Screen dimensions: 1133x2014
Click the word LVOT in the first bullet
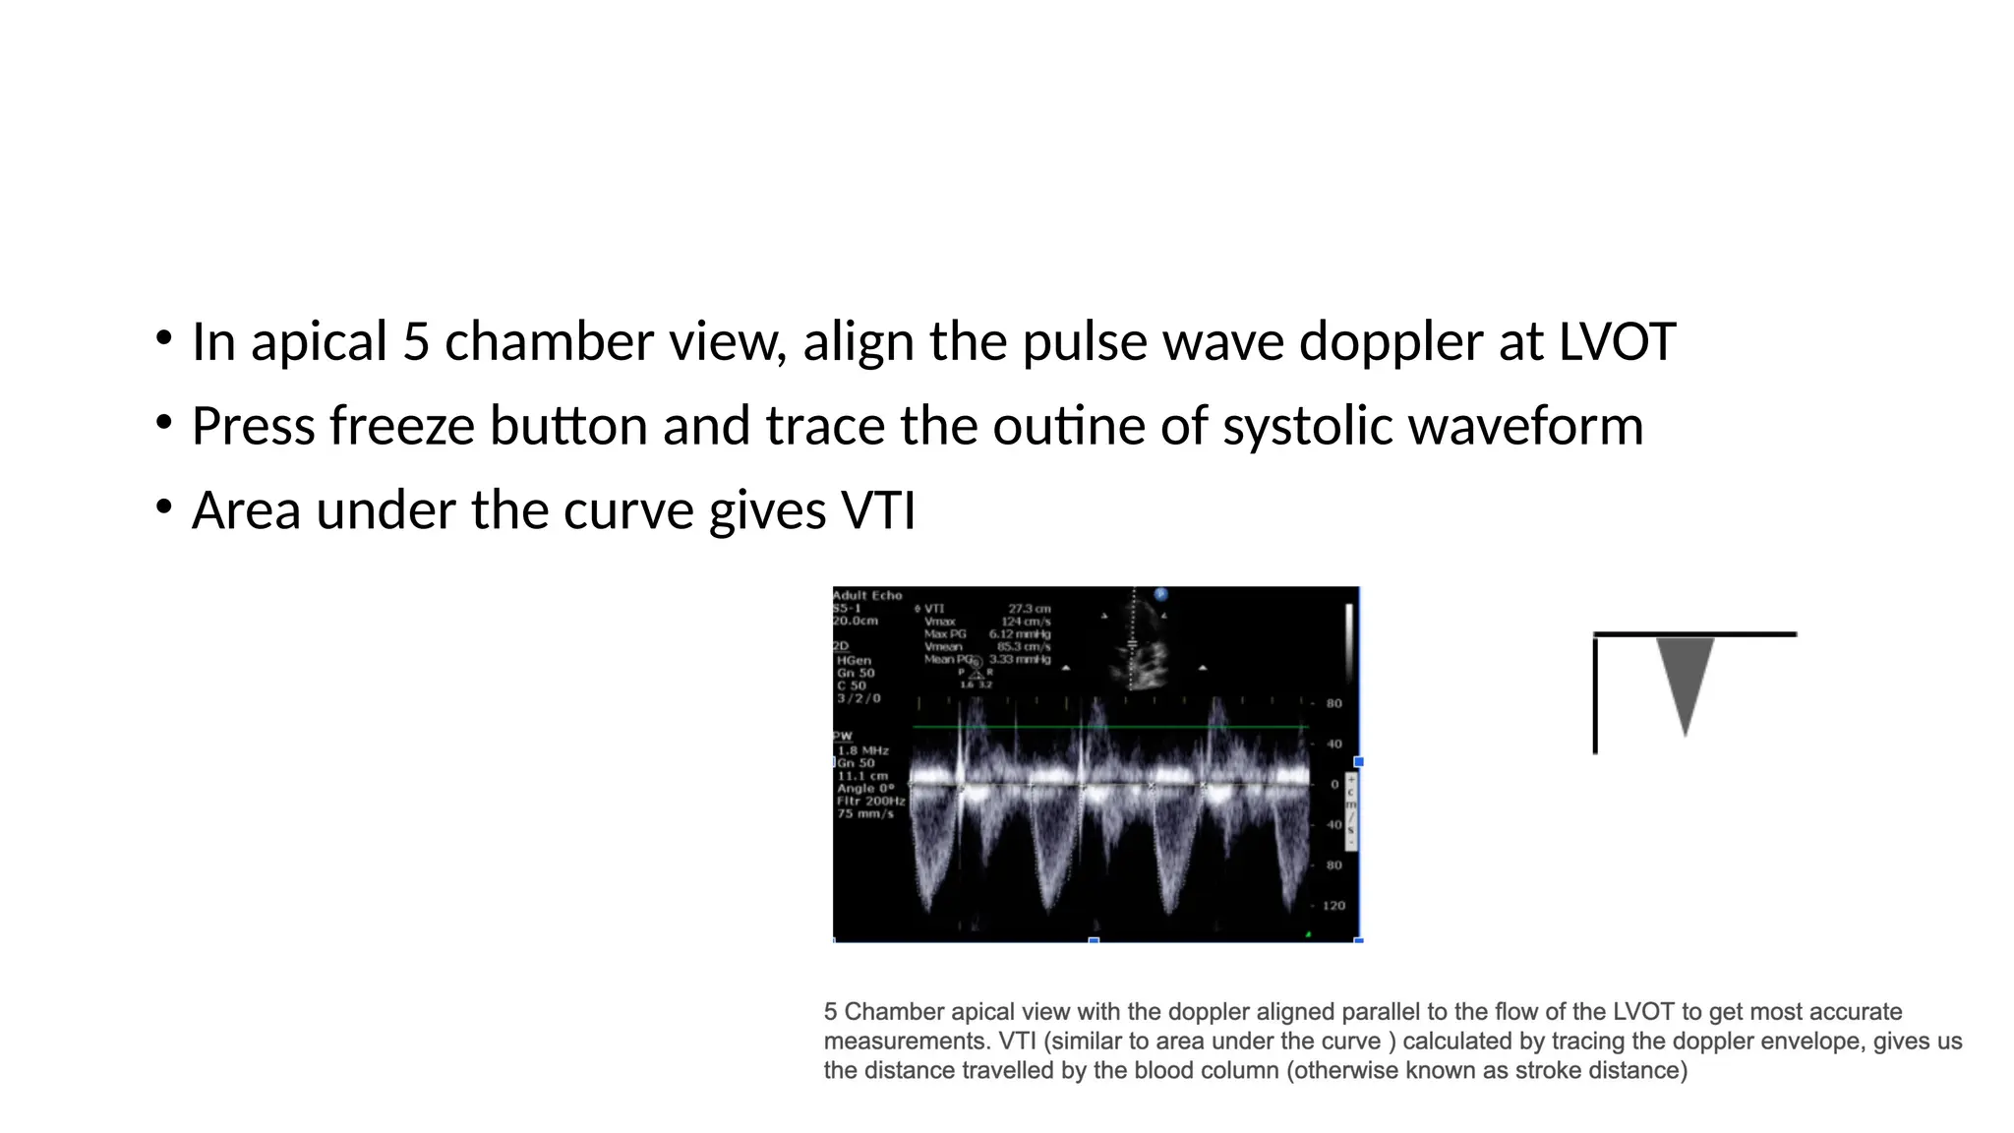1616,342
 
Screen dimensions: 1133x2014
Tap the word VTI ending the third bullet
877,511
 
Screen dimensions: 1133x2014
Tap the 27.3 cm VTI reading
1029,609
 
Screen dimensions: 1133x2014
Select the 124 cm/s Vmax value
1026,622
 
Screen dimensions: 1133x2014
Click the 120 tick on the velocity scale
1333,906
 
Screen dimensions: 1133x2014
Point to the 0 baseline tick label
1334,785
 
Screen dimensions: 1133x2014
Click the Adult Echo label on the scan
867,595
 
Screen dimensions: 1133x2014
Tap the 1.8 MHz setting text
862,750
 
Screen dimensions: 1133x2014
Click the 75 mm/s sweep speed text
865,813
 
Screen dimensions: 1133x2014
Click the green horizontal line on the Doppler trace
1111,727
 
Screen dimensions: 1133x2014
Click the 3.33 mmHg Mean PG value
1020,659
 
